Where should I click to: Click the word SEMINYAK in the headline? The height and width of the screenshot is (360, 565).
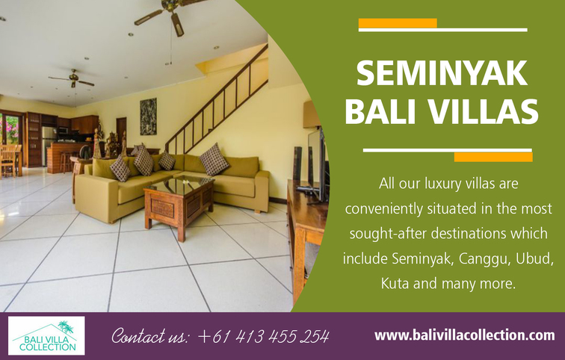click(442, 74)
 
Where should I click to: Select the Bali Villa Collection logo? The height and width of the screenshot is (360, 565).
click(46, 336)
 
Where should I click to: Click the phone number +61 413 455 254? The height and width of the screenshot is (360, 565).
click(263, 337)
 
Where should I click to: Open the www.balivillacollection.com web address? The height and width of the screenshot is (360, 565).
click(464, 335)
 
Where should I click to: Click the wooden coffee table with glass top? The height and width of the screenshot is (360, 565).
click(179, 206)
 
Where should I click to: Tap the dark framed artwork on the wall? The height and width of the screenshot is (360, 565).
click(148, 117)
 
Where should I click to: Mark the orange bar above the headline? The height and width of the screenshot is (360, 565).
click(398, 23)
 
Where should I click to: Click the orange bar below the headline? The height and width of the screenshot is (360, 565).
click(493, 157)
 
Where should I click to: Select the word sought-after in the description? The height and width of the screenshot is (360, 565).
click(389, 234)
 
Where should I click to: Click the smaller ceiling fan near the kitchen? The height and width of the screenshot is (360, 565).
click(72, 78)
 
